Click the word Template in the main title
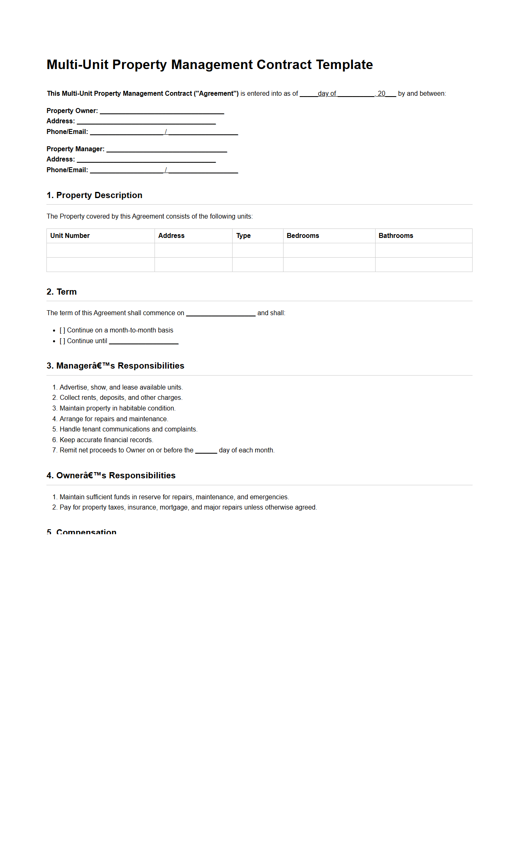[344, 65]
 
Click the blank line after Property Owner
[162, 111]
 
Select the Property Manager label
[75, 149]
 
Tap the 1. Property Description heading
[95, 195]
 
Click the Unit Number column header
[70, 236]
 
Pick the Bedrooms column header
[302, 236]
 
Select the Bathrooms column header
[395, 236]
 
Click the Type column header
[243, 236]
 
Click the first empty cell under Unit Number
[100, 250]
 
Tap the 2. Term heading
[62, 292]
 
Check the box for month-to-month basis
[62, 330]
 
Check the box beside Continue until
[62, 341]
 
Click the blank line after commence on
[221, 314]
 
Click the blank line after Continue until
[143, 341]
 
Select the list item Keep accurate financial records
[106, 440]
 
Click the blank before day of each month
[206, 451]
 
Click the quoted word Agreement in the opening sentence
[216, 94]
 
